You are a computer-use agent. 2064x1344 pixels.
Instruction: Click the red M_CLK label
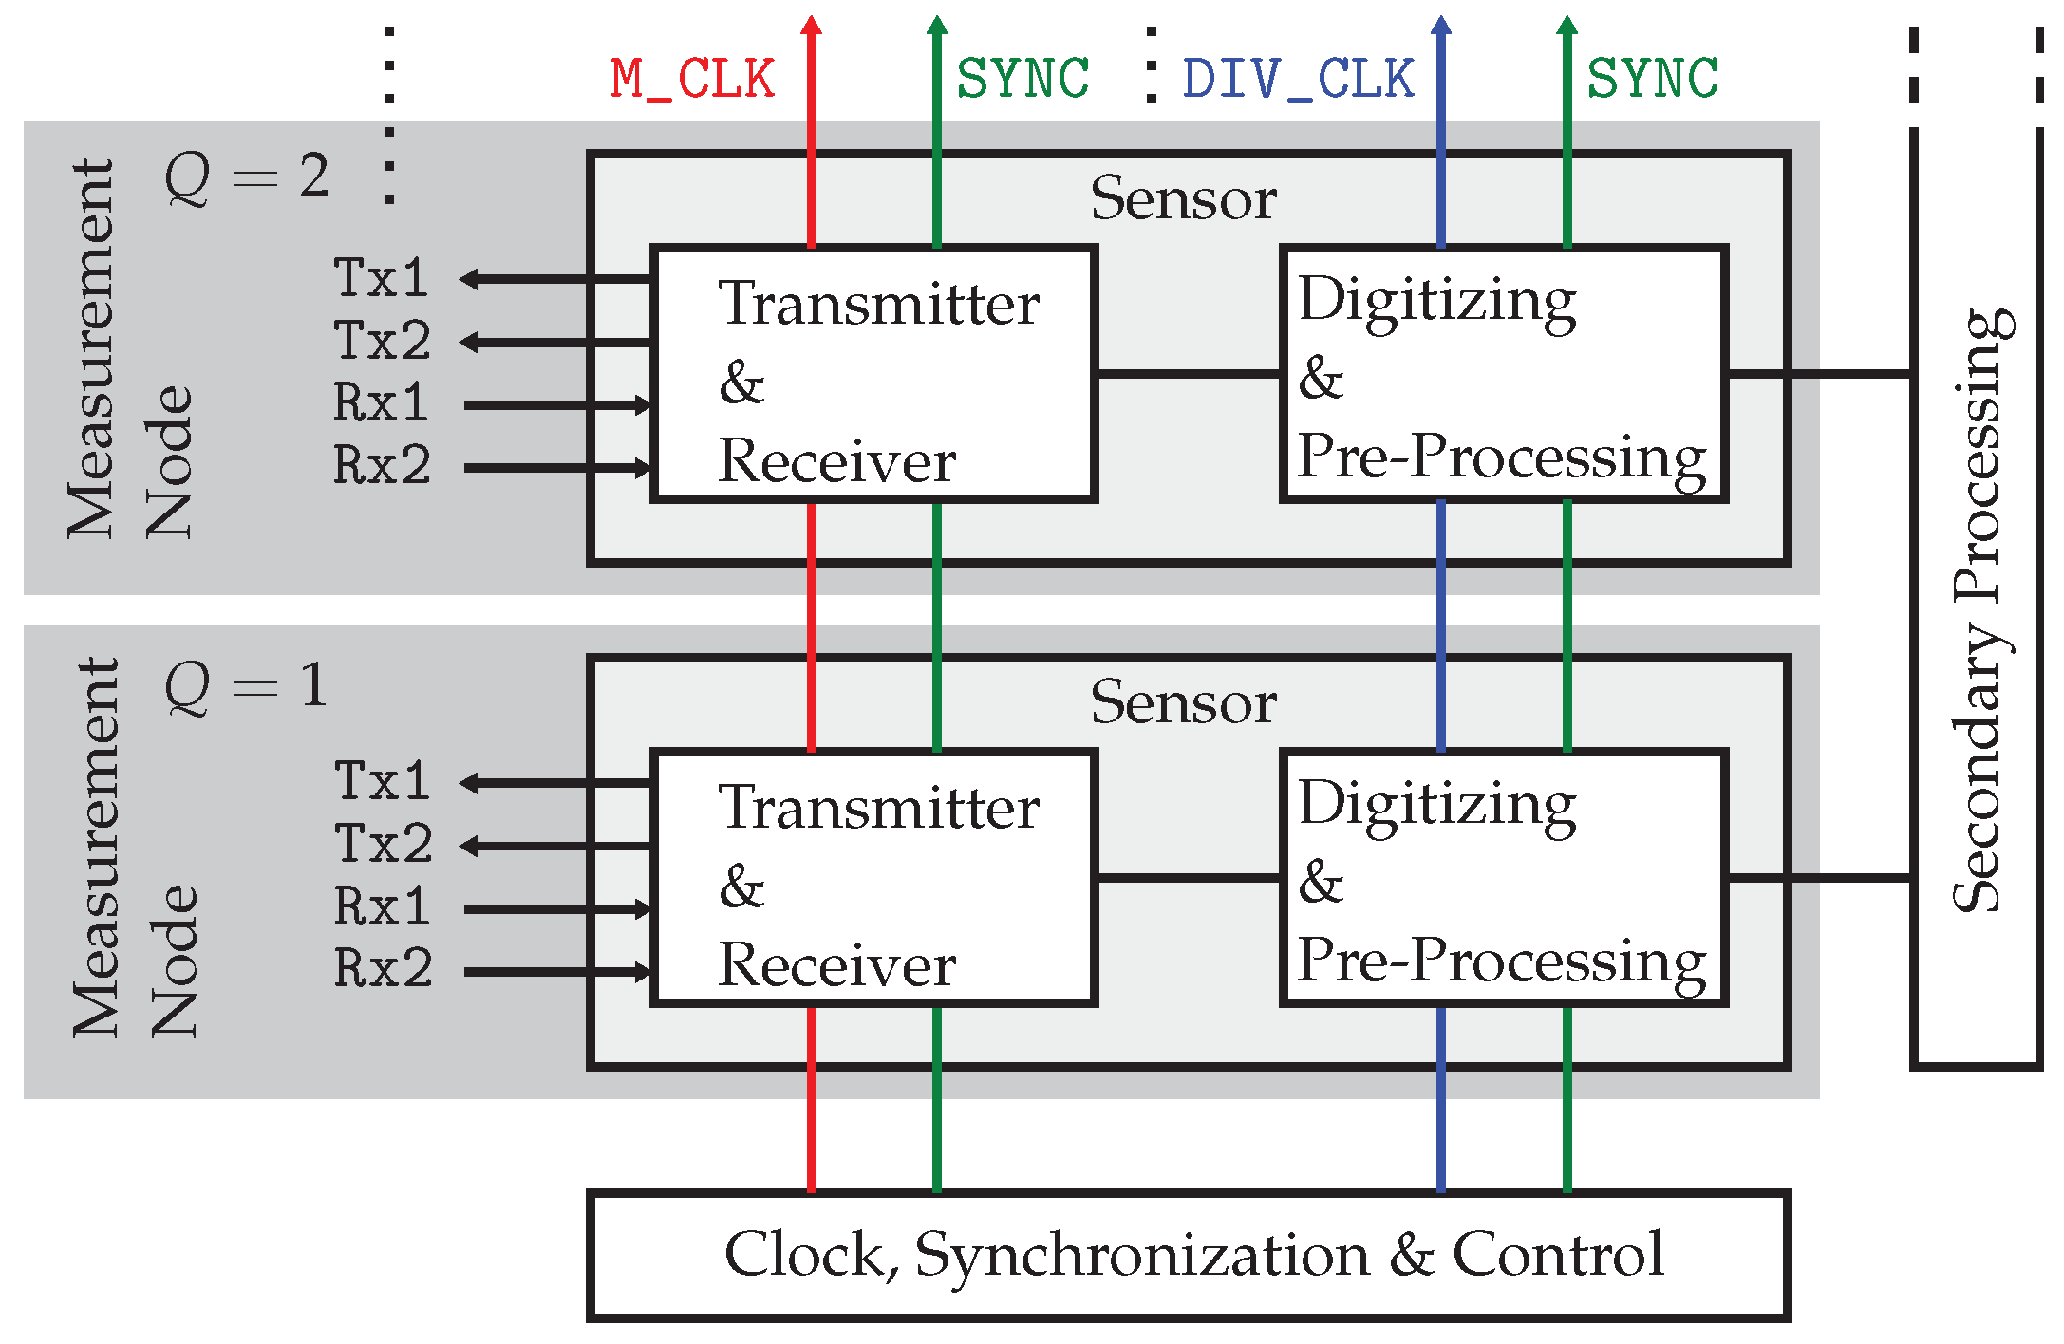tap(692, 79)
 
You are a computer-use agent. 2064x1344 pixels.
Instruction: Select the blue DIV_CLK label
tap(1298, 79)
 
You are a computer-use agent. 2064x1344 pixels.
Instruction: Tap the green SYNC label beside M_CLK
tap(1023, 79)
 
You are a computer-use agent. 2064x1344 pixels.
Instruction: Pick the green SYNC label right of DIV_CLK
tap(1653, 79)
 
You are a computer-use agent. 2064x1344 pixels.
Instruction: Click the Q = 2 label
tap(247, 177)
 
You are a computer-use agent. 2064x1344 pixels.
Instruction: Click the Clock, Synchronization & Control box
tap(1188, 1255)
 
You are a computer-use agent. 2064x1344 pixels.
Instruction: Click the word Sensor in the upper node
tap(1183, 199)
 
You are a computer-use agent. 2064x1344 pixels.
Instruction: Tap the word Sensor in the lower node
tap(1183, 703)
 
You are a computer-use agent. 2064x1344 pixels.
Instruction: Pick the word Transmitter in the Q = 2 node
tap(878, 305)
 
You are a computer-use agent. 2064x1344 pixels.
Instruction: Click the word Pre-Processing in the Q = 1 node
tap(1501, 961)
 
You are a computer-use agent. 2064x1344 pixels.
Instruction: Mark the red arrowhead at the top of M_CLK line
tap(811, 25)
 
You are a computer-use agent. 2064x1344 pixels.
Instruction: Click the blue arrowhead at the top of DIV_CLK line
tap(1441, 25)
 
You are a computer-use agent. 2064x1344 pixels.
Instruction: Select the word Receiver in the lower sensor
tap(836, 966)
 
